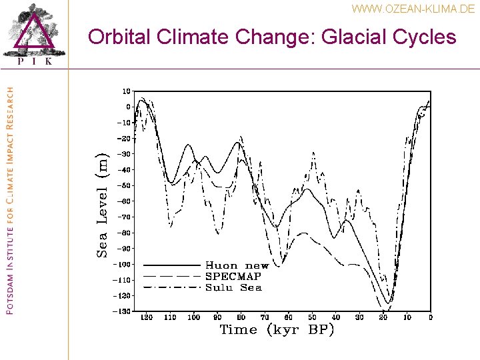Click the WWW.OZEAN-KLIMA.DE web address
(413, 9)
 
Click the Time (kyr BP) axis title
(277, 329)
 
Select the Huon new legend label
(237, 265)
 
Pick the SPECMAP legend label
(233, 276)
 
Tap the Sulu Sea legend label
(233, 287)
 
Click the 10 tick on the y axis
(125, 91)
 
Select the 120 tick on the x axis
(147, 317)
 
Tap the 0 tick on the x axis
(430, 317)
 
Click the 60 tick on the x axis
(288, 317)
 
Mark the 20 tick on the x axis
(383, 317)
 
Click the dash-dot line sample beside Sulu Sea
(172, 287)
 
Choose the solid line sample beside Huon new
(172, 265)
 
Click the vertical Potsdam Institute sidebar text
(9, 200)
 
